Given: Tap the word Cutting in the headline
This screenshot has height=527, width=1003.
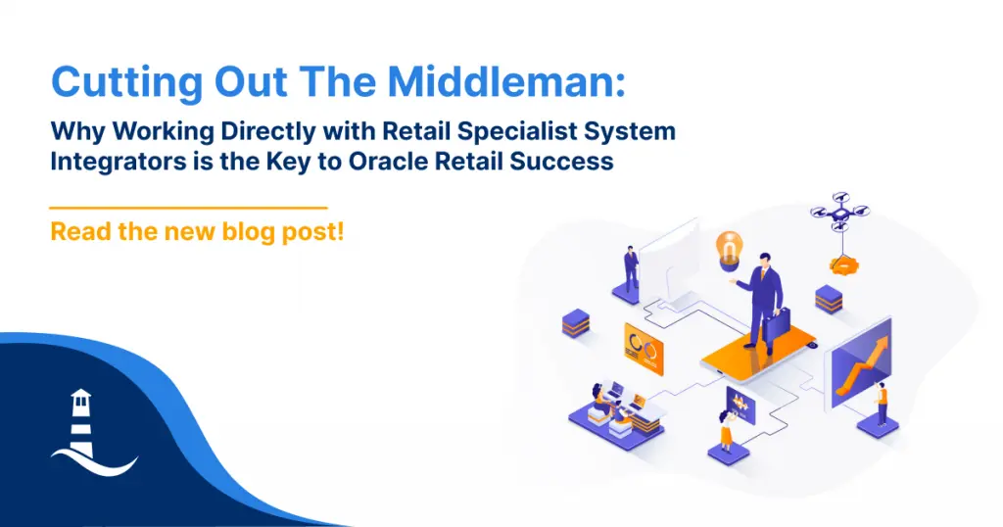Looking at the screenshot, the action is pyautogui.click(x=126, y=83).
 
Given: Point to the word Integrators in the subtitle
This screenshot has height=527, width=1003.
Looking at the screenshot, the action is pyautogui.click(x=118, y=162).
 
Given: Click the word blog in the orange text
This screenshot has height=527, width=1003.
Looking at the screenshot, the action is pyautogui.click(x=248, y=231).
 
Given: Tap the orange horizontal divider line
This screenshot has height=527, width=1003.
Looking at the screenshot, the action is pyautogui.click(x=189, y=208).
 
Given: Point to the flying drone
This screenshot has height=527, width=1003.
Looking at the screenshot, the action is pyautogui.click(x=839, y=210).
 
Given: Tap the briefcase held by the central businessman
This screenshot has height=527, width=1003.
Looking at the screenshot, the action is pyautogui.click(x=777, y=324).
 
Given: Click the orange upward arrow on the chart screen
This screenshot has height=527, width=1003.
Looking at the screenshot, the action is pyautogui.click(x=860, y=365).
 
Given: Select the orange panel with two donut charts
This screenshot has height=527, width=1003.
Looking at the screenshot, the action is pyautogui.click(x=644, y=349).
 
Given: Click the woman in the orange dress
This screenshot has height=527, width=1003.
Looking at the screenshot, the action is pyautogui.click(x=726, y=431).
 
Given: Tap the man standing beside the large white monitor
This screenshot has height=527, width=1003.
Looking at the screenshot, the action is pyautogui.click(x=632, y=269).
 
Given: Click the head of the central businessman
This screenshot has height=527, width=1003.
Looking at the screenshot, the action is pyautogui.click(x=764, y=261).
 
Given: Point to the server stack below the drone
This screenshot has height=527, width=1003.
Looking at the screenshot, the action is pyautogui.click(x=829, y=300).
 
